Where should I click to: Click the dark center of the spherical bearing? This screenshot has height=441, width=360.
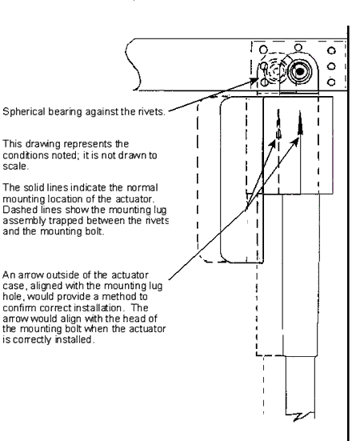[300, 71]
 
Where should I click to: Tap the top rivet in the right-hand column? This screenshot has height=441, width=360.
[332, 50]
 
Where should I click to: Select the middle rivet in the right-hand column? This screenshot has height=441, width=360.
[332, 66]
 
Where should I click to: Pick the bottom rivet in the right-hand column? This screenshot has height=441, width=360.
[332, 82]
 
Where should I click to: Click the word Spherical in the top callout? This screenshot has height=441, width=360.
[24, 112]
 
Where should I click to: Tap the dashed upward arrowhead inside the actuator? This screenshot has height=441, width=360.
[278, 124]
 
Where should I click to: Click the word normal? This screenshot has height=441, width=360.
[142, 188]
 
